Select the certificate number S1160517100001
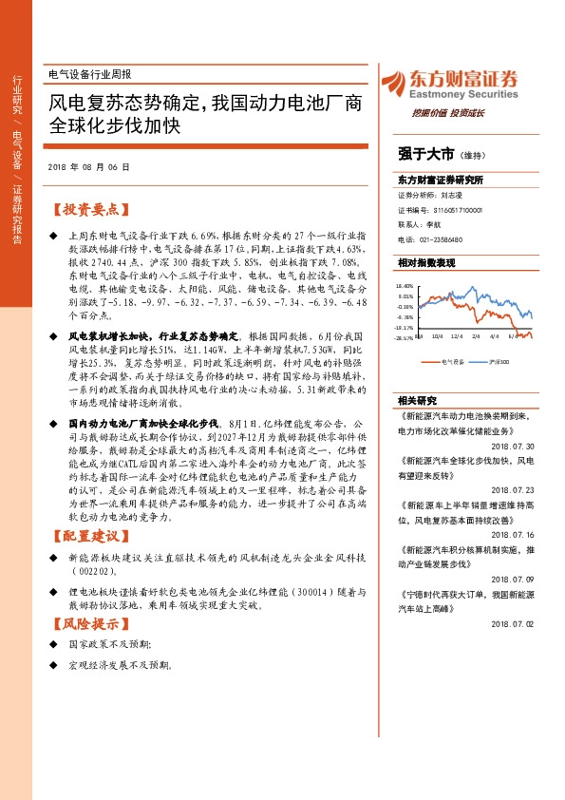pos(444,209)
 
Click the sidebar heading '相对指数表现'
pos(426,261)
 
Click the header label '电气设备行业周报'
pos(89,74)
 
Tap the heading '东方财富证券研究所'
pos(441,180)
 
